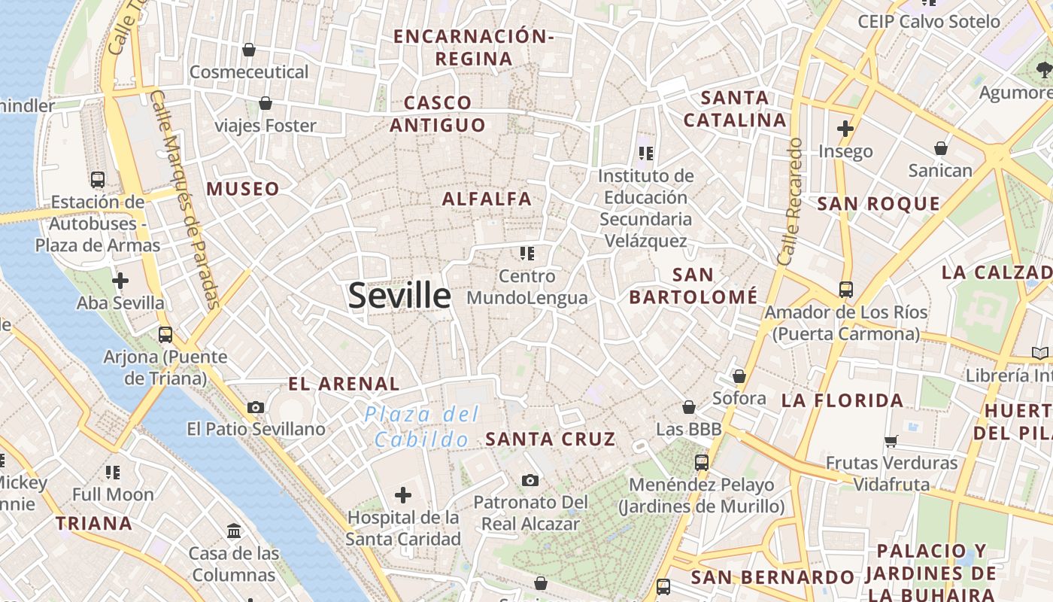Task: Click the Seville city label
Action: pos(399,296)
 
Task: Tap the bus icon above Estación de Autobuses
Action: pos(98,179)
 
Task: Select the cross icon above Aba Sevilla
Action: pos(120,281)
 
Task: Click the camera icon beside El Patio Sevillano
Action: pos(256,407)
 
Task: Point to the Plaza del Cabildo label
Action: pos(421,427)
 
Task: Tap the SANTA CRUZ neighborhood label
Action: pos(551,439)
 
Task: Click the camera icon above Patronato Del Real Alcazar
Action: pos(530,480)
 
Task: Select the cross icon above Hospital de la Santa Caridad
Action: pos(403,495)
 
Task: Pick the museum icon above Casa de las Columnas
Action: pos(234,531)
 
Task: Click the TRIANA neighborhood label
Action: pos(94,523)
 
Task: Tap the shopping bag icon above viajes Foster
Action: pos(266,103)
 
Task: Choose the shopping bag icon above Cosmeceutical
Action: pos(249,50)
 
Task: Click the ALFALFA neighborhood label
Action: pos(487,199)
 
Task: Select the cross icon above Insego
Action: pos(845,129)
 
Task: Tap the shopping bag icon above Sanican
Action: pos(940,148)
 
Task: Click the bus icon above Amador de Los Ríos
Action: pos(846,289)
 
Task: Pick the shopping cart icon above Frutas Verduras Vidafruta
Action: pos(891,440)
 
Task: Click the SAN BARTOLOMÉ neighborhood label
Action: pos(693,286)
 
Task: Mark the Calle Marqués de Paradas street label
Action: pos(185,199)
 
